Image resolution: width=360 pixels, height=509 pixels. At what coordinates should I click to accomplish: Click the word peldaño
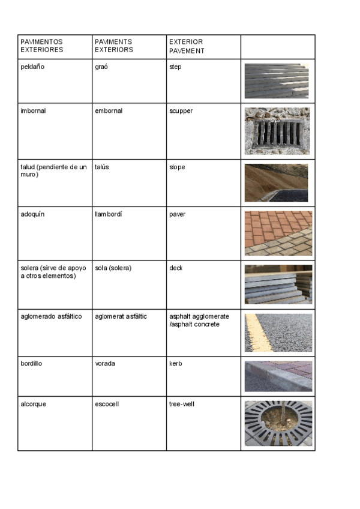pos(32,67)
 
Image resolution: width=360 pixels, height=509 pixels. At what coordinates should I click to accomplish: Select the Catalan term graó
pos(101,67)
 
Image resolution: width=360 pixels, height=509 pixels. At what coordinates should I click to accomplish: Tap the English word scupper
pos(181,111)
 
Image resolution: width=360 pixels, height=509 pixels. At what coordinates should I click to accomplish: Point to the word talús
pos(102,167)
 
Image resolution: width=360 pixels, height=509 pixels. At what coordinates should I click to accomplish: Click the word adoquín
pos(33,214)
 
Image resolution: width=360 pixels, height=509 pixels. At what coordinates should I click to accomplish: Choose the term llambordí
pos(109,214)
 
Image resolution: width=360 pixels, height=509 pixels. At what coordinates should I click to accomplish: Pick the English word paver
pos(178,214)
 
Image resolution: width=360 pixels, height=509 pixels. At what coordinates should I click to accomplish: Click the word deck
pos(176,268)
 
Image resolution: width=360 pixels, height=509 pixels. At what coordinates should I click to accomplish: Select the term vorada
pos(105,364)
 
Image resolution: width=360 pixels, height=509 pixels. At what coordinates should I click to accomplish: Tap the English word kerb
pos(175,364)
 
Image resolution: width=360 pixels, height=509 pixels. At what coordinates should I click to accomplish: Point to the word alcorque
pos(34,404)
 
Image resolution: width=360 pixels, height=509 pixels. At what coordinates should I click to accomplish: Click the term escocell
pos(107,404)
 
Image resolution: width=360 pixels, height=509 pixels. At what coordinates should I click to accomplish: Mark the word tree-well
pos(182,404)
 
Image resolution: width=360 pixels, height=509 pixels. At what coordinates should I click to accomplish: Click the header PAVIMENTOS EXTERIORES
pos(42,46)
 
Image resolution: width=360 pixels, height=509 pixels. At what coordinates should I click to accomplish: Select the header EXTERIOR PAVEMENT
pos(187,46)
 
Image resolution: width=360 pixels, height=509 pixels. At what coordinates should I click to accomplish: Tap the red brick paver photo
pos(278,233)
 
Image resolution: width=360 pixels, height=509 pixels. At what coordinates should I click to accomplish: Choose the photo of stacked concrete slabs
pos(278,285)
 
